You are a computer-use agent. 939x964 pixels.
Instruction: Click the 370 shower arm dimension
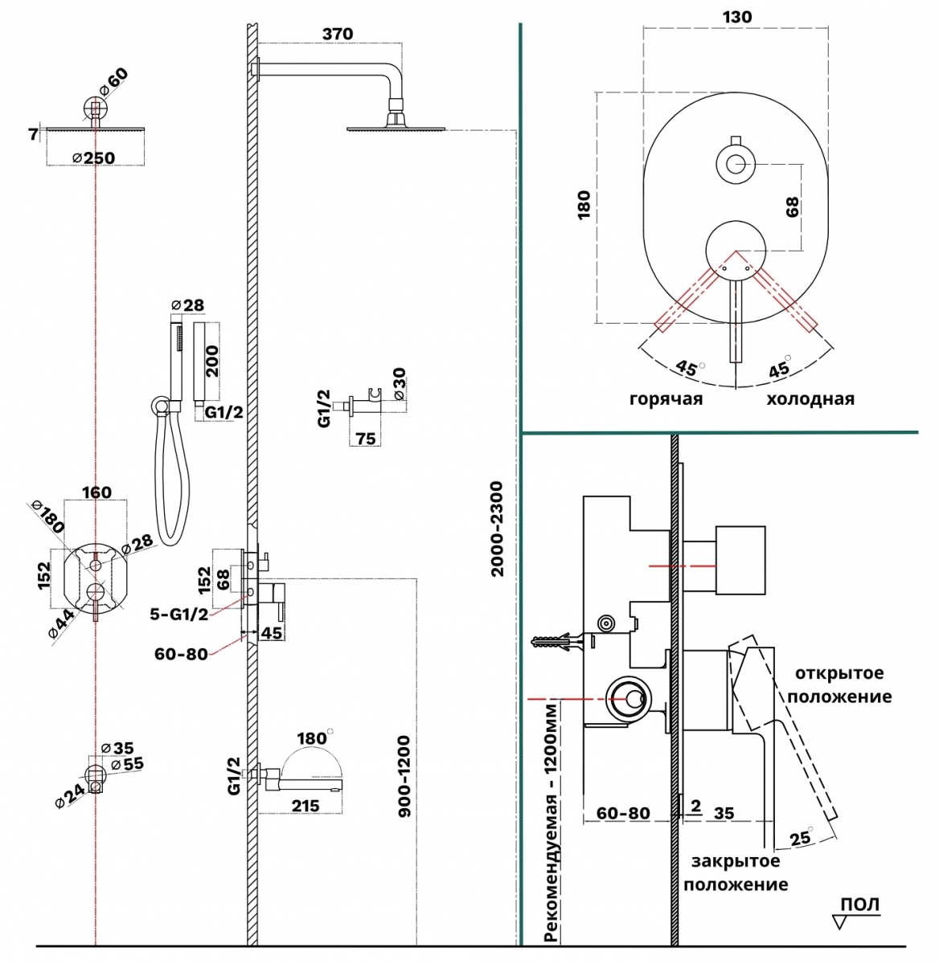point(338,34)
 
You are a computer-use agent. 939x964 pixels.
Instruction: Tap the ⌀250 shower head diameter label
point(94,158)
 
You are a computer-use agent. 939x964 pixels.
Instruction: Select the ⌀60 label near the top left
point(113,82)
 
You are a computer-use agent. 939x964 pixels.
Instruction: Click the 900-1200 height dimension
point(404,777)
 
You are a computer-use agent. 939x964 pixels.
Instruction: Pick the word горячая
point(666,399)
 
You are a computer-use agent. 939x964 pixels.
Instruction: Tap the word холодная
point(810,398)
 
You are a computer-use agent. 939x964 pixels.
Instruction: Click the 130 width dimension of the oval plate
point(736,17)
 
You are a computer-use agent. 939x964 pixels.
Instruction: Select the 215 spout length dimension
point(305,806)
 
